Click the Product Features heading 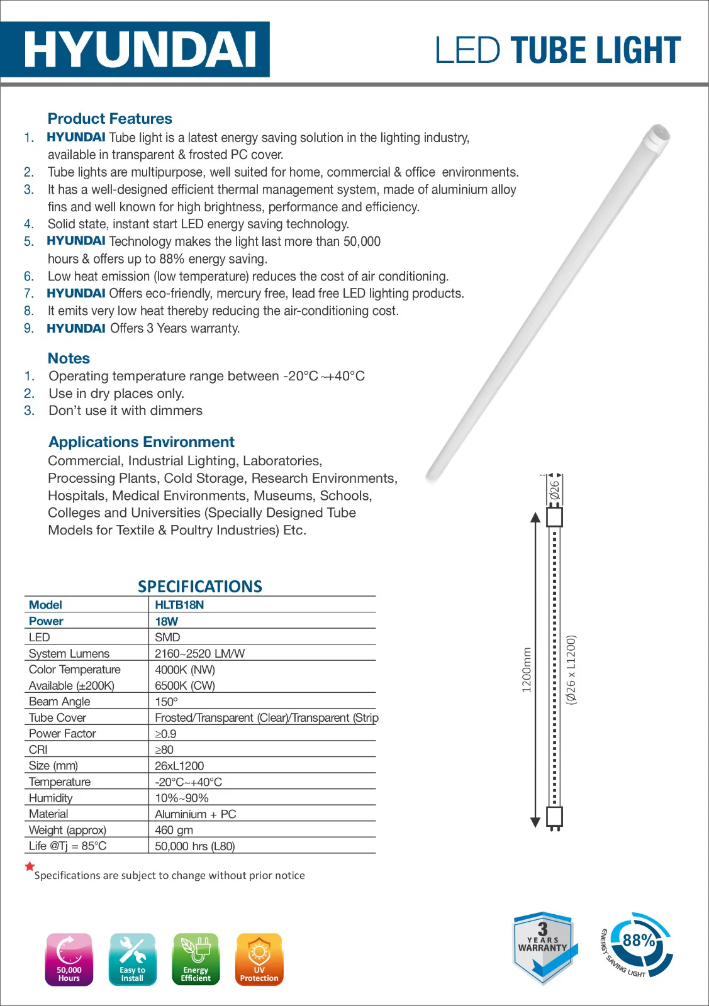click(109, 119)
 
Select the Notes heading click(69, 358)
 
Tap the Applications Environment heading click(142, 442)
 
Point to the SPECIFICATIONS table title click(200, 587)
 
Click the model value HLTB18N click(179, 605)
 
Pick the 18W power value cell click(167, 621)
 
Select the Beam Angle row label click(59, 702)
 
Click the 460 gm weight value click(174, 830)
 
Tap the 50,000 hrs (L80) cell click(194, 846)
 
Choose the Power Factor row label click(62, 734)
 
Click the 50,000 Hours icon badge click(69, 959)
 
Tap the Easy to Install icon click(132, 959)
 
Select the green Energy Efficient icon click(196, 959)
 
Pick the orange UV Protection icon click(259, 959)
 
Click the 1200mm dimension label click(527, 670)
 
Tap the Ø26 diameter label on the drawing click(554, 490)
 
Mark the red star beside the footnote click(30, 866)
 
